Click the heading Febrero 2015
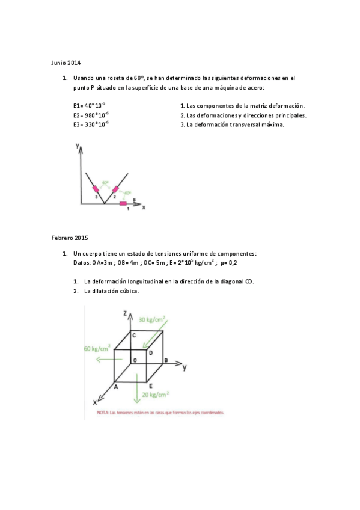(x=70, y=238)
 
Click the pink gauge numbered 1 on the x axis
(x=123, y=204)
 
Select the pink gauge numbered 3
(x=95, y=189)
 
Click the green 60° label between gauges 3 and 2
(x=105, y=183)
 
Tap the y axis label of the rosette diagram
(x=78, y=146)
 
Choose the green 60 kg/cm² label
(x=97, y=348)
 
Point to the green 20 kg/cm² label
(x=156, y=395)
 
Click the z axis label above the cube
(x=124, y=313)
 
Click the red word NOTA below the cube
(x=103, y=413)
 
